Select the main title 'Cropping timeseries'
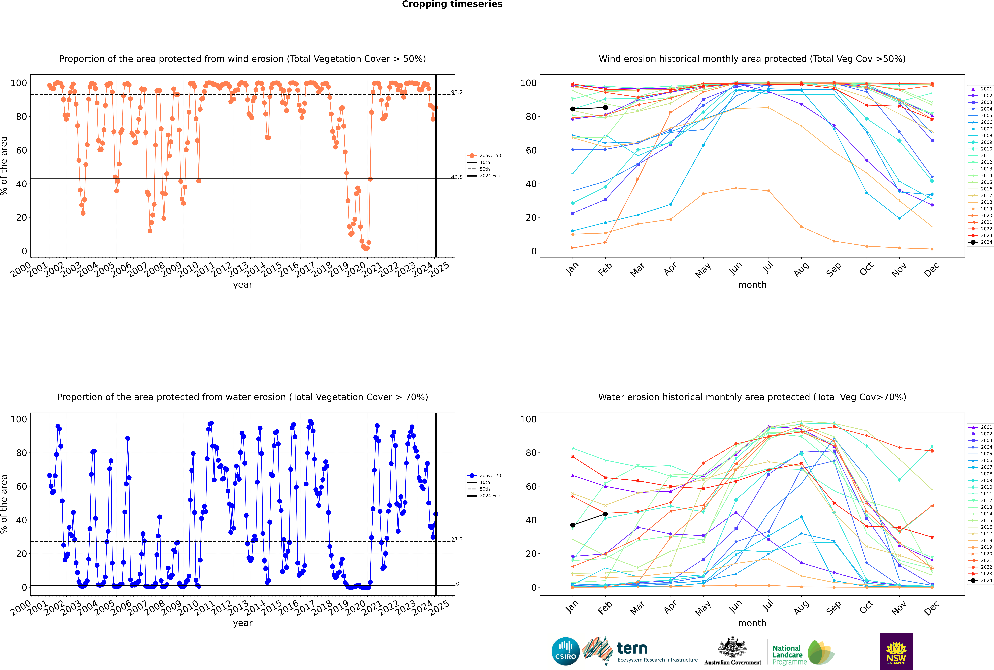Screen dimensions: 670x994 [x=452, y=4]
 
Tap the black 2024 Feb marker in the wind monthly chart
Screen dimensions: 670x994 [x=605, y=108]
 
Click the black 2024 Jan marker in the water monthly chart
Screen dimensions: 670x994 [x=573, y=525]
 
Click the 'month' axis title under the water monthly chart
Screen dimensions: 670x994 [x=752, y=623]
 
